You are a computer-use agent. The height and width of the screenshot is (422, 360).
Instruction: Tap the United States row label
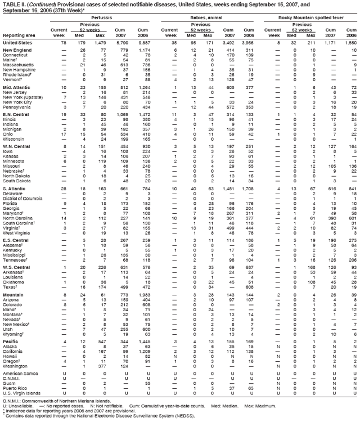pyautogui.click(x=17, y=42)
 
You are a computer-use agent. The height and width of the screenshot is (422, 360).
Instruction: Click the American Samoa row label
pyautogui.click(x=20, y=373)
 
